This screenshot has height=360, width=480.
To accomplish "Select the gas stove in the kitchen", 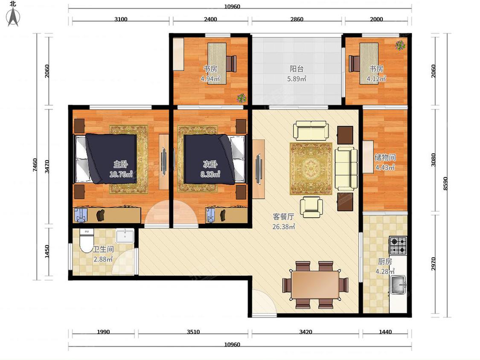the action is click(398, 246).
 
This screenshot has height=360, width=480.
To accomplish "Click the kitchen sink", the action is click(398, 285).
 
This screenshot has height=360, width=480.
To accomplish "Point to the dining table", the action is click(315, 285).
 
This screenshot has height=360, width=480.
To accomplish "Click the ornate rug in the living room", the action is click(311, 168).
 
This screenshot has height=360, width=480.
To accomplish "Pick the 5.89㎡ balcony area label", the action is click(297, 78).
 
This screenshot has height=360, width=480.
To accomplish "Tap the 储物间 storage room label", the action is click(385, 157).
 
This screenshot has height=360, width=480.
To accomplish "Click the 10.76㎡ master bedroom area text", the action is click(121, 174).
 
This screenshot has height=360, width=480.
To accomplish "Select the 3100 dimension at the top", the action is click(121, 19).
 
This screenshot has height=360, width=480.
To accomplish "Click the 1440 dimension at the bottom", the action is click(385, 331).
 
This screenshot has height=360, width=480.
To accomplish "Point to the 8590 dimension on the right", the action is click(445, 183).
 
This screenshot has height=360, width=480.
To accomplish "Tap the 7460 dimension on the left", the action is click(35, 165).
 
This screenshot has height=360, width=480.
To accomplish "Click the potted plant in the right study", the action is click(400, 45).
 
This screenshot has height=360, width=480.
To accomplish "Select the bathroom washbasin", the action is click(125, 236).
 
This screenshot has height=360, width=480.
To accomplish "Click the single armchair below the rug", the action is click(311, 207).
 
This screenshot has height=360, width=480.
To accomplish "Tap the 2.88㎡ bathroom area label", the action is click(103, 259).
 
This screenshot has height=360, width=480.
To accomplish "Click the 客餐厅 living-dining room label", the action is click(283, 217).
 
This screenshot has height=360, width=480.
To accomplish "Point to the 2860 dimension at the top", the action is click(297, 19).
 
